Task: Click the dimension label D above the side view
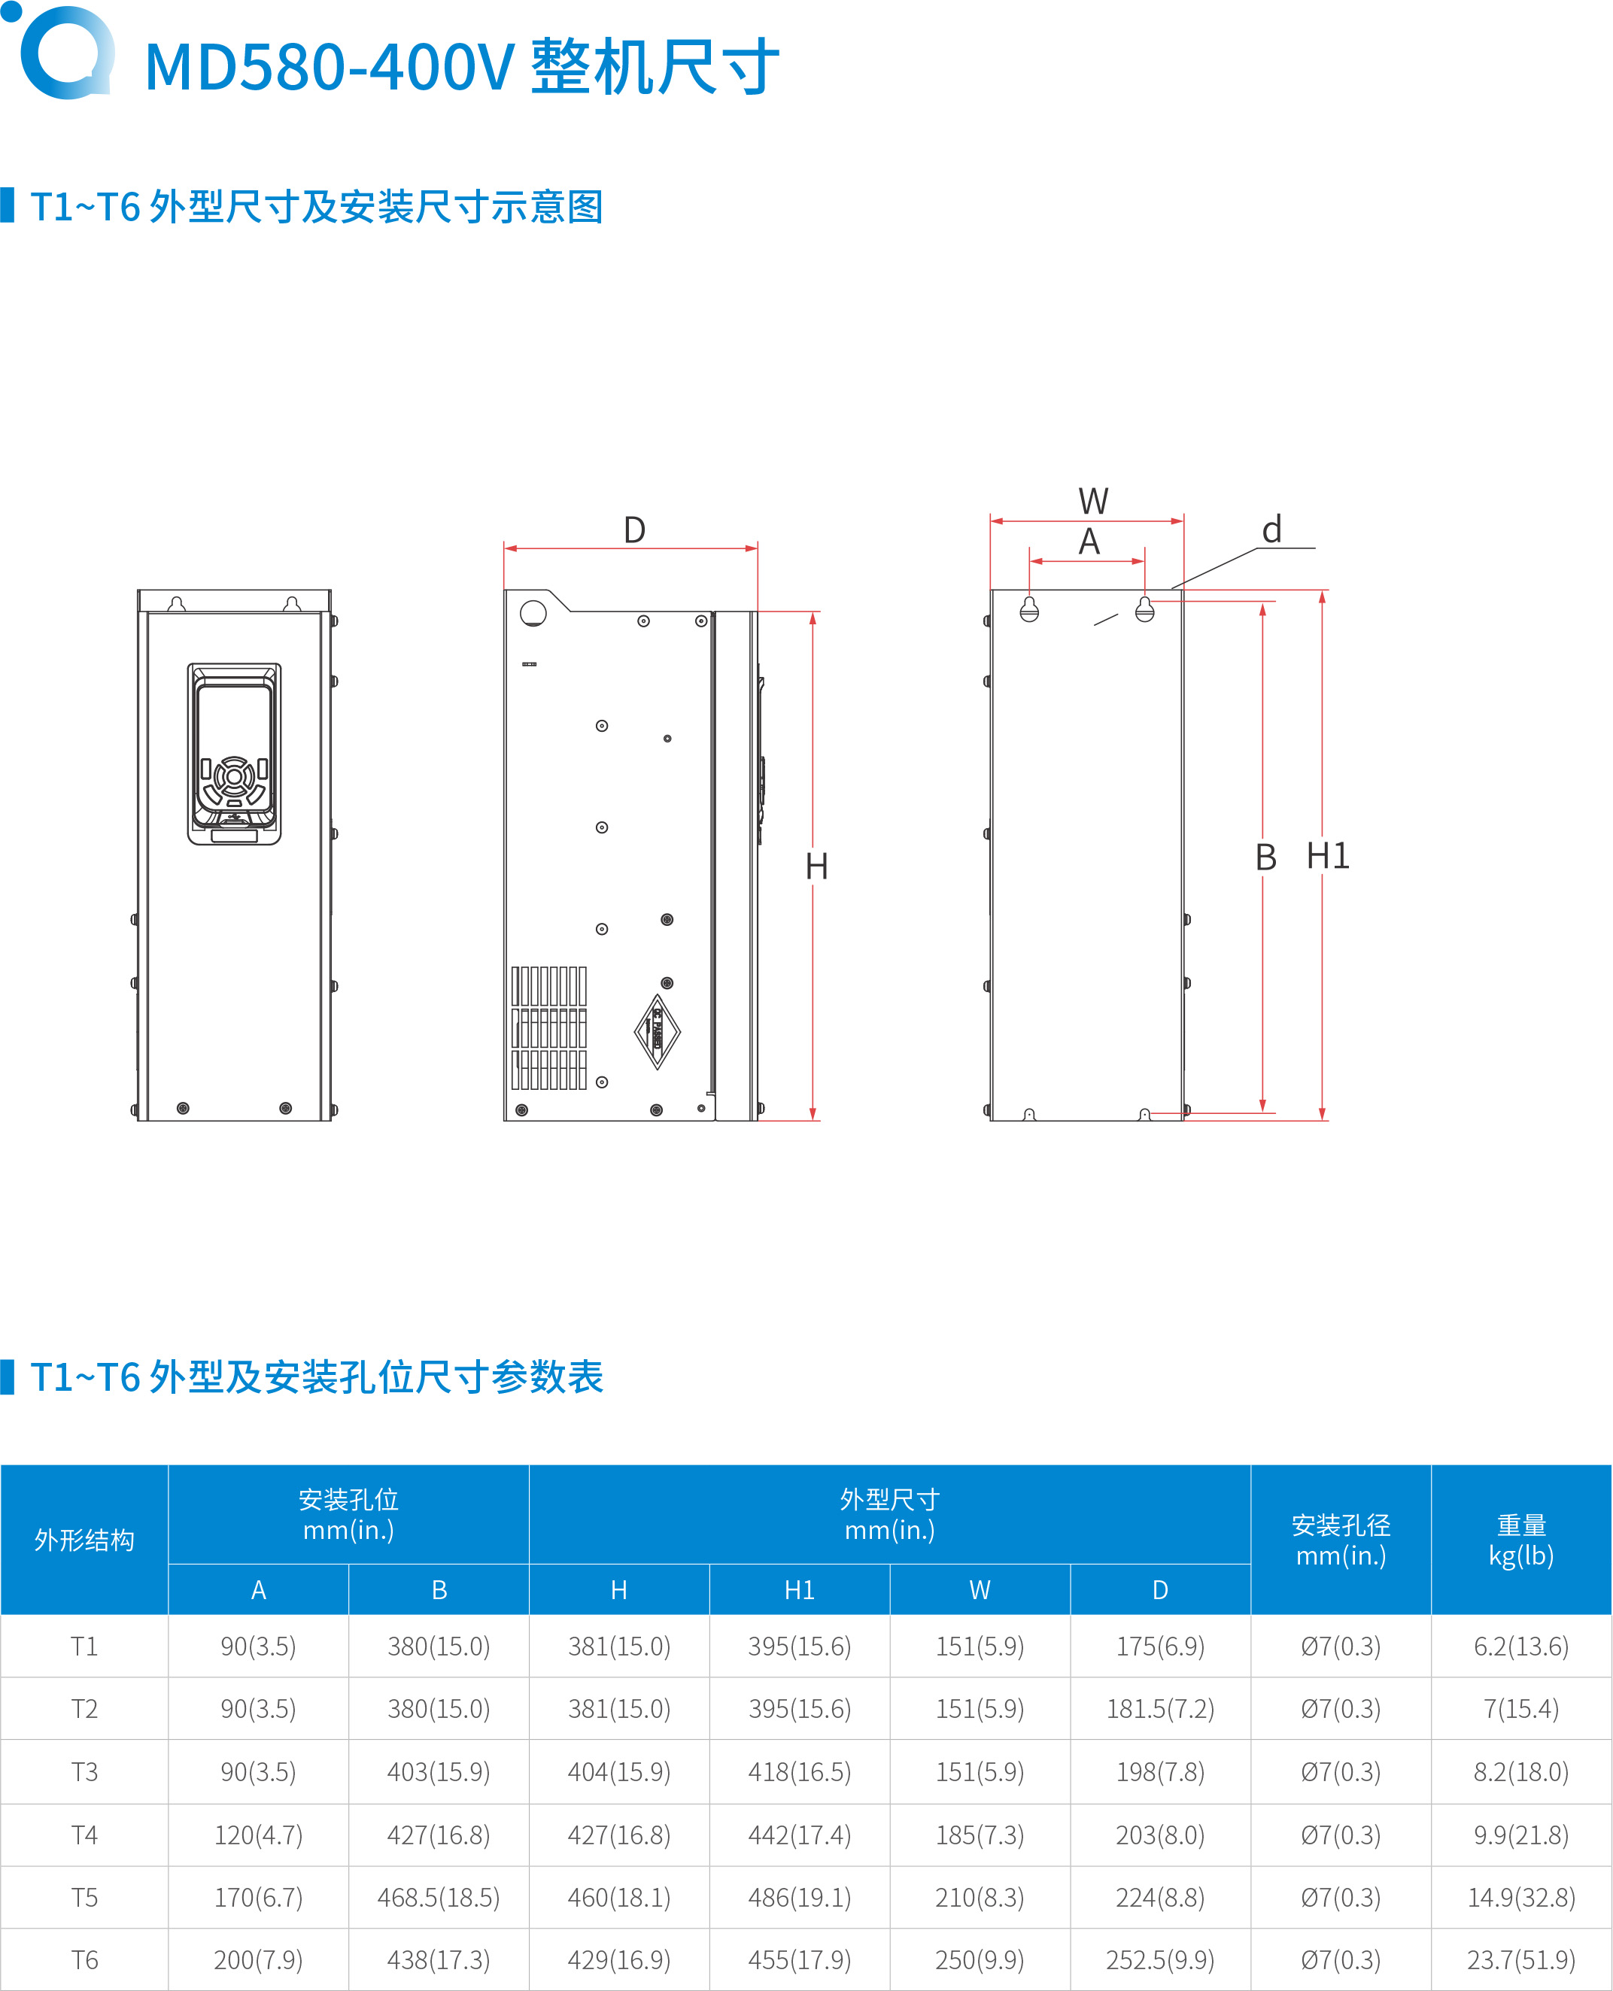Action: (x=635, y=530)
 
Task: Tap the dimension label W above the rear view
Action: (x=1092, y=502)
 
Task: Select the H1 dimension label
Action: (x=1328, y=856)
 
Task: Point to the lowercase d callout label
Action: (x=1272, y=530)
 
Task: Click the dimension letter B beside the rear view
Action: (x=1265, y=857)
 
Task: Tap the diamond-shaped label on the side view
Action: (x=657, y=1031)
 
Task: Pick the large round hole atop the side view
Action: (x=533, y=613)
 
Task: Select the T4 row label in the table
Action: (x=84, y=1835)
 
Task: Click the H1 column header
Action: (x=799, y=1589)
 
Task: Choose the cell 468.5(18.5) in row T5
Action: (x=439, y=1897)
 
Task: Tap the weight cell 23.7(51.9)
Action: (x=1521, y=1959)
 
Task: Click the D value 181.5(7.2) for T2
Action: (x=1159, y=1709)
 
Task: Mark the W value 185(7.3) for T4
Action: (x=980, y=1835)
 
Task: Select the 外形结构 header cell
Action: (x=84, y=1540)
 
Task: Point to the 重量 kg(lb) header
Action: (x=1521, y=1540)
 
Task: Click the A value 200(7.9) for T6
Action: (x=258, y=1959)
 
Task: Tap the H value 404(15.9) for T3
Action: (x=619, y=1771)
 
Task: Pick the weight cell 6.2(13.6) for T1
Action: (x=1521, y=1647)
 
